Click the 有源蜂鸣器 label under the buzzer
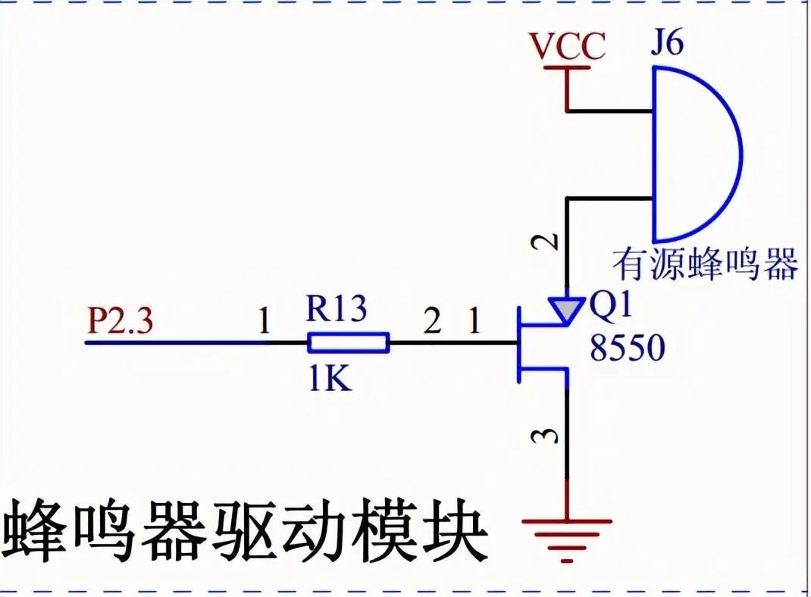click(705, 265)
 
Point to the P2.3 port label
click(120, 322)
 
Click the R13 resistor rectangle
click(349, 343)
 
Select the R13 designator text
click(336, 308)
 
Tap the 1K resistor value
click(330, 378)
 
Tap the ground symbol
click(566, 531)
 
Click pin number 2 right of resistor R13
click(432, 324)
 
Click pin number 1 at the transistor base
click(474, 324)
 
